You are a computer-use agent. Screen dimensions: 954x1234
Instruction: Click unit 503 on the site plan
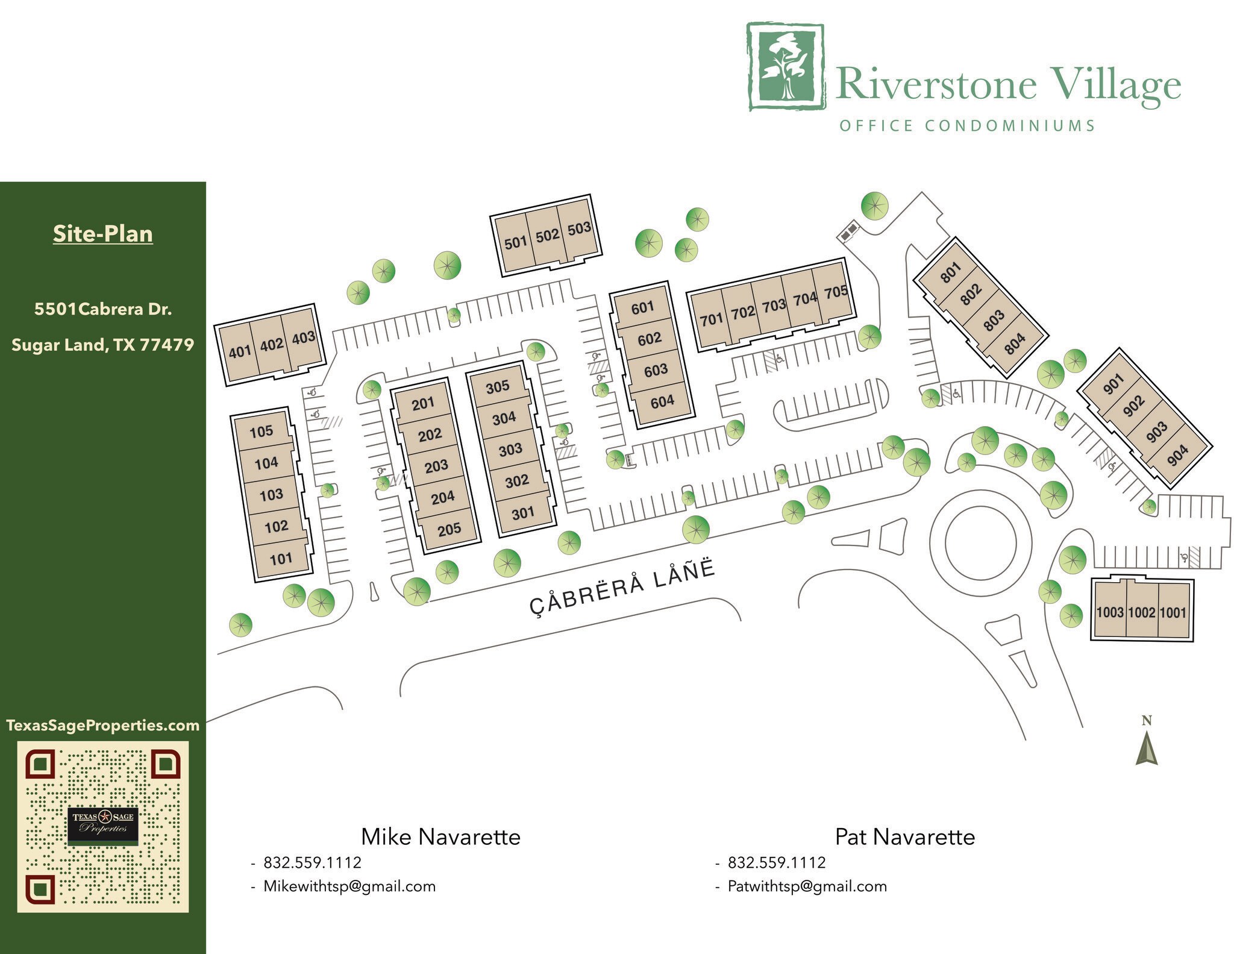click(x=579, y=229)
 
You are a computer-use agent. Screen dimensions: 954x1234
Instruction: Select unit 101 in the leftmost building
click(x=281, y=559)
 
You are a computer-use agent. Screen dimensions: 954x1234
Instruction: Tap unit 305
click(x=498, y=386)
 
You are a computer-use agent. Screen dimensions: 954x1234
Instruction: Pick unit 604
click(x=662, y=401)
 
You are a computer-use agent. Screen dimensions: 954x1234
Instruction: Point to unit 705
click(x=836, y=293)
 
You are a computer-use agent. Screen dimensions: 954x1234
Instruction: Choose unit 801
click(x=950, y=273)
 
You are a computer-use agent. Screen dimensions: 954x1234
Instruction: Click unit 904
click(x=1177, y=456)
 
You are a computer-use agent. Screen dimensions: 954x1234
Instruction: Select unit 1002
click(x=1141, y=612)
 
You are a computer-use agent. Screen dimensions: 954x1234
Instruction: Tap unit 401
click(x=240, y=351)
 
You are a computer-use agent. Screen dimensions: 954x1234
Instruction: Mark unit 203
click(x=436, y=466)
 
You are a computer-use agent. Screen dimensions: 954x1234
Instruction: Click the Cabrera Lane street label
click(x=622, y=587)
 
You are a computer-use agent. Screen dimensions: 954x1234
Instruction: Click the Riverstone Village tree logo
click(x=786, y=67)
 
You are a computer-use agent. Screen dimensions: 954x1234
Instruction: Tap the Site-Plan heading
click(x=103, y=234)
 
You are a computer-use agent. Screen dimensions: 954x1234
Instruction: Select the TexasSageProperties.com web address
click(x=103, y=725)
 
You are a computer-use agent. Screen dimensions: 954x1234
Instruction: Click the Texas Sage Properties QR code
click(x=103, y=826)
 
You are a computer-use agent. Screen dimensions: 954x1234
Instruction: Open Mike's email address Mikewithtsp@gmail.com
click(x=349, y=886)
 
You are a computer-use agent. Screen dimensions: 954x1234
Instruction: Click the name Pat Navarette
click(x=904, y=836)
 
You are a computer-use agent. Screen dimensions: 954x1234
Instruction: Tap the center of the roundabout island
click(x=980, y=542)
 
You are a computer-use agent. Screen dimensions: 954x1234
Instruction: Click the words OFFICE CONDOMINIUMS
click(x=967, y=125)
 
